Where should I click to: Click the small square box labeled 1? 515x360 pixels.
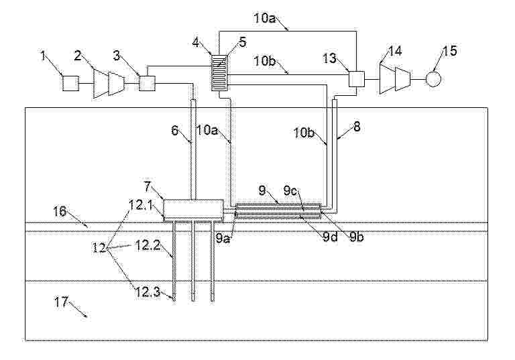pos(70,83)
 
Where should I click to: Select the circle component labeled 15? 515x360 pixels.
pos(433,79)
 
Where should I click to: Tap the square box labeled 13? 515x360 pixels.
pos(356,79)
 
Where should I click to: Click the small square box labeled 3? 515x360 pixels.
pos(148,83)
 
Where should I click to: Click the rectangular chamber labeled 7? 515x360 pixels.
pos(193,208)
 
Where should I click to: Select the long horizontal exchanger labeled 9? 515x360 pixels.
pos(278,211)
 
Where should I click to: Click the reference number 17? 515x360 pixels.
pos(62,302)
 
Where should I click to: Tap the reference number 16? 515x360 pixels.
pos(60,211)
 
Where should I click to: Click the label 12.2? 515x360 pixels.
pos(148,245)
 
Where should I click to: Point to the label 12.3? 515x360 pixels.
pos(148,292)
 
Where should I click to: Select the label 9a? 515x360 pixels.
pos(224,238)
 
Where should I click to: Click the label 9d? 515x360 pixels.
pos(330,237)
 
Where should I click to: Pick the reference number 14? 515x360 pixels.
pos(394,51)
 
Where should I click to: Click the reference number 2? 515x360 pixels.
pos(78,56)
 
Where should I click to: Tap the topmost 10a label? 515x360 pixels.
pos(265,18)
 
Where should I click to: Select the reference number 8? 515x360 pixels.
pos(357,127)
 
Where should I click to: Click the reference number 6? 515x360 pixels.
pos(175,131)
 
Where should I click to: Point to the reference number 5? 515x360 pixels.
pos(242,42)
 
